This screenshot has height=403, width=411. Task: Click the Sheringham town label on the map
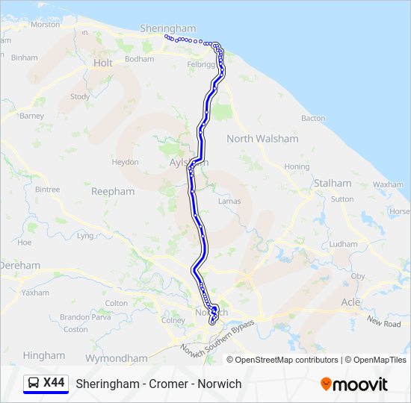coord(167,28)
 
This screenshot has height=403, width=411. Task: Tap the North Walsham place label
coord(262,139)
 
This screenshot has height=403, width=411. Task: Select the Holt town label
coord(103,63)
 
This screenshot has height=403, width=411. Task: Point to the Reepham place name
coord(113,192)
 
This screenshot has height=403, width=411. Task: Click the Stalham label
coord(333,183)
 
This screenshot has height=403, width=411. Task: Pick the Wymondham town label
coord(117,358)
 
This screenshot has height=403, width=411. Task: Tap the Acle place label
coord(350,302)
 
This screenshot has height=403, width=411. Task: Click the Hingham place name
coord(44,356)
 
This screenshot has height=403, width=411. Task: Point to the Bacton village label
coord(313,118)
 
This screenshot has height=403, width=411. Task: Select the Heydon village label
coord(125,162)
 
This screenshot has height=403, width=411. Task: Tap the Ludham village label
coord(343,244)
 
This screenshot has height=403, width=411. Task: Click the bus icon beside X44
coord(34,384)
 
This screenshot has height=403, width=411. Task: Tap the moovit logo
coord(354,384)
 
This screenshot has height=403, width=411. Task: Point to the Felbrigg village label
coord(200,65)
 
